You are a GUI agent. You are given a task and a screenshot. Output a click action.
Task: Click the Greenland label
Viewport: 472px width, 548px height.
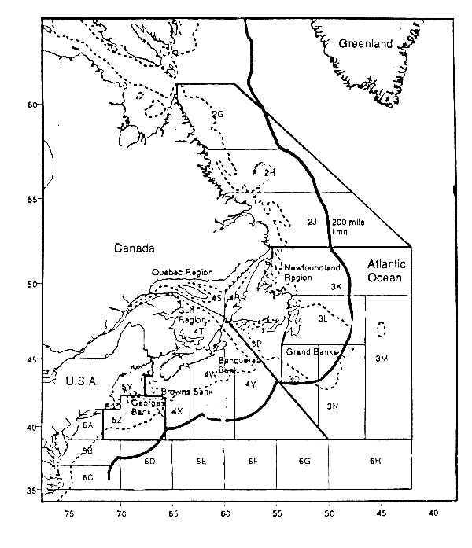(364, 45)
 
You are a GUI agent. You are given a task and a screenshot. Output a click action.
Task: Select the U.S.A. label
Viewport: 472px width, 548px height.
(76, 381)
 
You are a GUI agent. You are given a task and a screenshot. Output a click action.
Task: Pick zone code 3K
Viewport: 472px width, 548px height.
(337, 287)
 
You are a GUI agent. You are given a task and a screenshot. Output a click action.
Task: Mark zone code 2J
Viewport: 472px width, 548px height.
(312, 223)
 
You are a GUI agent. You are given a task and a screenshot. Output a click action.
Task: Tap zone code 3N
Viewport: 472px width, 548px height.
(332, 406)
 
